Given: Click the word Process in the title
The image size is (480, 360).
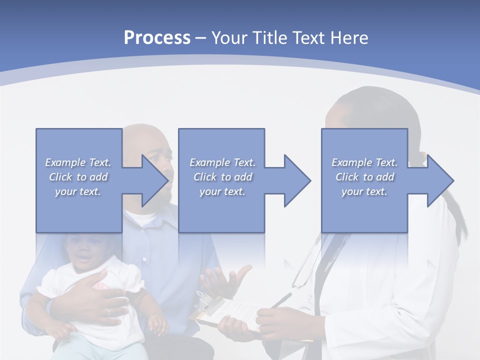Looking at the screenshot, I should [157, 38].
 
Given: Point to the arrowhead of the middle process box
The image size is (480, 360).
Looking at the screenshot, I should [296, 180].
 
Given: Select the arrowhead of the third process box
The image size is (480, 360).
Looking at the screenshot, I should [439, 180].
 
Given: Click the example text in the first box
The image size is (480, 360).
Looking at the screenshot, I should [78, 177].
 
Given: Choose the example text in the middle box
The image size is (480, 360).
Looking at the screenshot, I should [222, 177].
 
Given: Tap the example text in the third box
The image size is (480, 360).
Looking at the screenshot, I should [364, 177].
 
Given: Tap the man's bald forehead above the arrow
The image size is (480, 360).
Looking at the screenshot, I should [145, 137].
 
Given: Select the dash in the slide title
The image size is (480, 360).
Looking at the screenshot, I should [201, 38].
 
